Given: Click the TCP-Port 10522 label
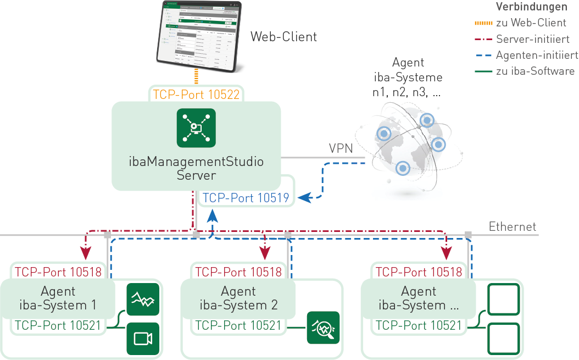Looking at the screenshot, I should (196, 94).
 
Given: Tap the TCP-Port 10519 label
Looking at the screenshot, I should (246, 198).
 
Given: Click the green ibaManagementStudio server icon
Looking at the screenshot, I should (196, 128).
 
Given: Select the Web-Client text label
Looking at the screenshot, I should (283, 37).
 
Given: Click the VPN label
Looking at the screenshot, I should (341, 148).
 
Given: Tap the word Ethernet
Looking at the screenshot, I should (512, 226).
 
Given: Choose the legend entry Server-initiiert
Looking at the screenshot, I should (532, 39).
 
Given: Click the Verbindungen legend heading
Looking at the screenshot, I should (531, 7).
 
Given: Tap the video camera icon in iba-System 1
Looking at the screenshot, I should (143, 339).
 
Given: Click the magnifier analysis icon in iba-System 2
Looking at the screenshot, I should (324, 328).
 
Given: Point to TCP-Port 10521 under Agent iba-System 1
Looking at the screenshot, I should (58, 325).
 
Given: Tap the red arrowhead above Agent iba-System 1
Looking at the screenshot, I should (85, 253).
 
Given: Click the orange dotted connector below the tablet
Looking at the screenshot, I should (196, 76).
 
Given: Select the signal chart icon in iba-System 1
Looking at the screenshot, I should (143, 299).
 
